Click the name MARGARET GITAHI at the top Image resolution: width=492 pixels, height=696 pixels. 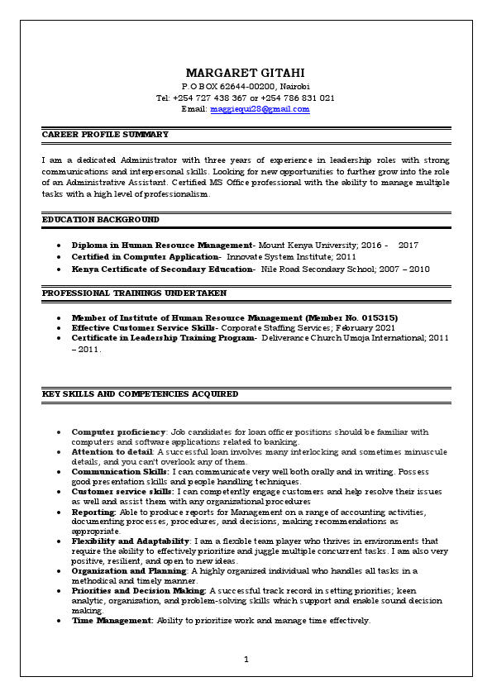coord(246,73)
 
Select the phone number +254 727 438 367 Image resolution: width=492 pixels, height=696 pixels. coord(223,98)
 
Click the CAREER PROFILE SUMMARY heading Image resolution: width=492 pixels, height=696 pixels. coord(105,134)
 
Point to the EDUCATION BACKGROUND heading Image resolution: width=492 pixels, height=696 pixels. coord(100,220)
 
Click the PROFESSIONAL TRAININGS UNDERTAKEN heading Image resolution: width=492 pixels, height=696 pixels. coord(134,293)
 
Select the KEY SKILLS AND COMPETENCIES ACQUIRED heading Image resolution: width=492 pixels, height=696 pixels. coord(140,394)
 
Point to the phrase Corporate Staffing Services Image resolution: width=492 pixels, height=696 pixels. coord(269,327)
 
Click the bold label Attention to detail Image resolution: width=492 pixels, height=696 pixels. coord(112,452)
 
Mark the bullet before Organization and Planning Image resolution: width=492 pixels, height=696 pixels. coord(59,571)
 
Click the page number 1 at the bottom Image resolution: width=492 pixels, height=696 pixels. coord(246,660)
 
